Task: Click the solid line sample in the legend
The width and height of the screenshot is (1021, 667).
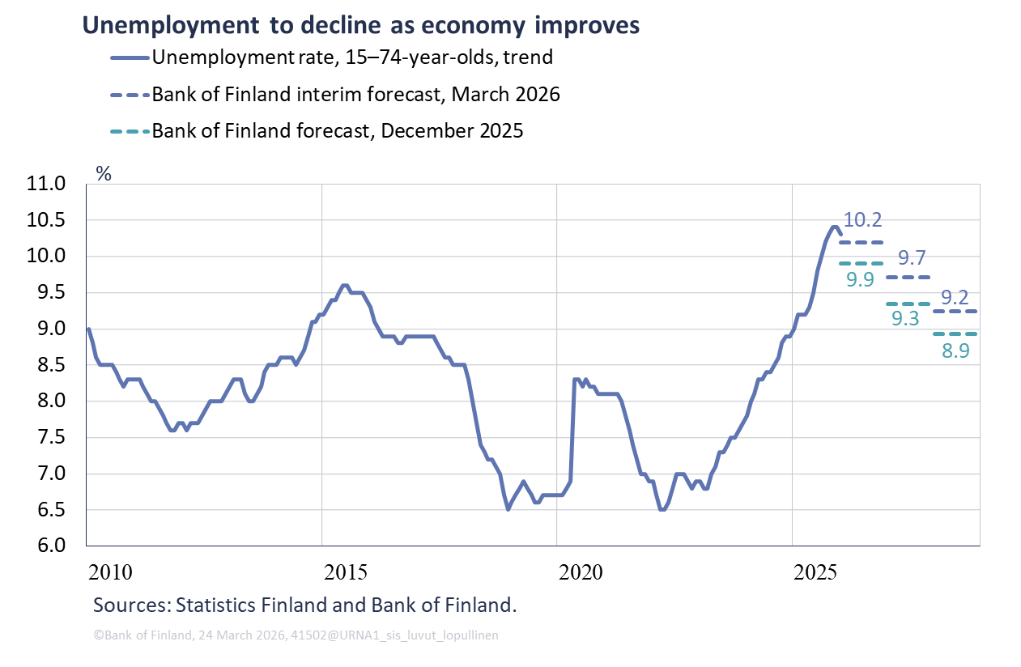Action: [x=130, y=57]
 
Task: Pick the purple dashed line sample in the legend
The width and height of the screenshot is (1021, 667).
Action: [x=130, y=95]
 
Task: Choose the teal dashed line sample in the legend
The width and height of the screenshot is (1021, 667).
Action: [x=130, y=131]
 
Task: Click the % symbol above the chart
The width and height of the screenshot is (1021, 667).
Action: [x=103, y=173]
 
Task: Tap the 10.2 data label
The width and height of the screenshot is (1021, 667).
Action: [x=862, y=219]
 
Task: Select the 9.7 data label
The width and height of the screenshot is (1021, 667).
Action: [x=913, y=258]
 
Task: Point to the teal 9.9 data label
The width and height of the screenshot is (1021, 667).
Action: [x=861, y=280]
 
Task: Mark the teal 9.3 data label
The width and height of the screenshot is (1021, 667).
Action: [x=905, y=319]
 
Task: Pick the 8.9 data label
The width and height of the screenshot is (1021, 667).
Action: [x=955, y=351]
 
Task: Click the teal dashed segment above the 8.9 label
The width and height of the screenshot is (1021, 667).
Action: [x=955, y=333]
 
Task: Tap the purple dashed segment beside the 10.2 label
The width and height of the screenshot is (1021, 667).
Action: [x=861, y=242]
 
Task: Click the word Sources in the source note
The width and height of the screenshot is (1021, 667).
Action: [x=130, y=605]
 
